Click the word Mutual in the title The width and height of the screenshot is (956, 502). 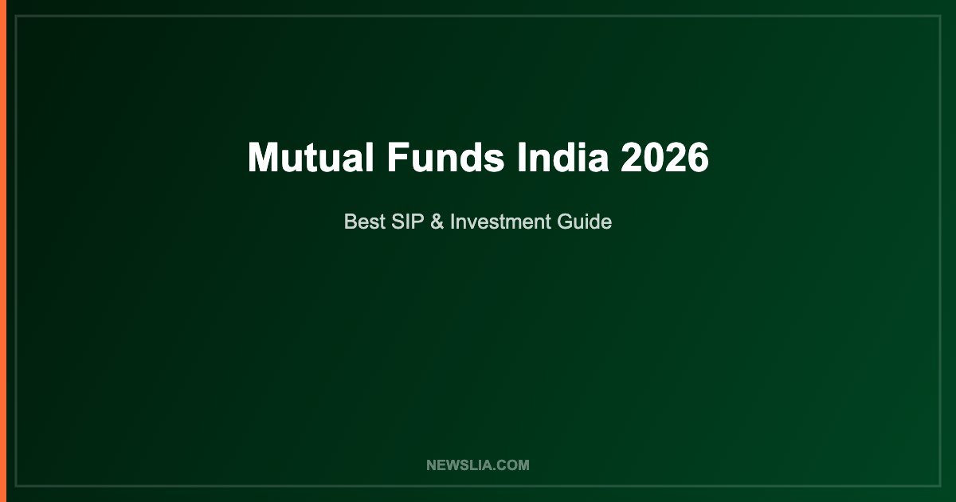coord(311,157)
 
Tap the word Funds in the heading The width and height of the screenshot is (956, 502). coord(445,157)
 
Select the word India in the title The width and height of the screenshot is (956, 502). coord(562,157)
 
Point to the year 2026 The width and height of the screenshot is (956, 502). coord(664,157)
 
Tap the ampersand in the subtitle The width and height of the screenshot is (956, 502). coord(437,222)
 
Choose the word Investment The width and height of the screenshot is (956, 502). coord(500,222)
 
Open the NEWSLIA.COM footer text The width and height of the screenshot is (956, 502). coord(477,465)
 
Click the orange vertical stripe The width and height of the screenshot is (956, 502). coord(3,251)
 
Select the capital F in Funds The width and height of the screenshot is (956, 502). coord(398,157)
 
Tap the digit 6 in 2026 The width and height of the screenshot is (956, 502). coord(699,157)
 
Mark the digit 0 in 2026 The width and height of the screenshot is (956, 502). coord(653,157)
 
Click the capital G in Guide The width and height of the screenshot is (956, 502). coord(565,222)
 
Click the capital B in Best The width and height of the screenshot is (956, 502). coord(351,222)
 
